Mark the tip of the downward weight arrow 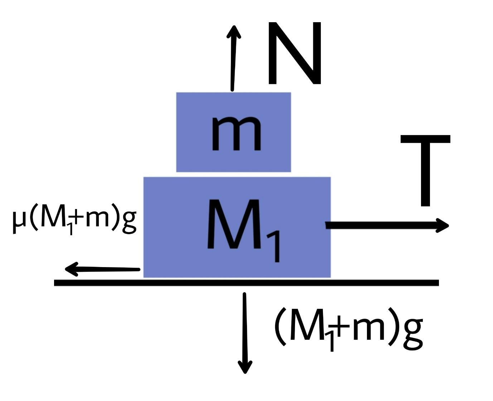pos(245,372)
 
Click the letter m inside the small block pos(236,134)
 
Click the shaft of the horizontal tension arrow pos(380,225)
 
